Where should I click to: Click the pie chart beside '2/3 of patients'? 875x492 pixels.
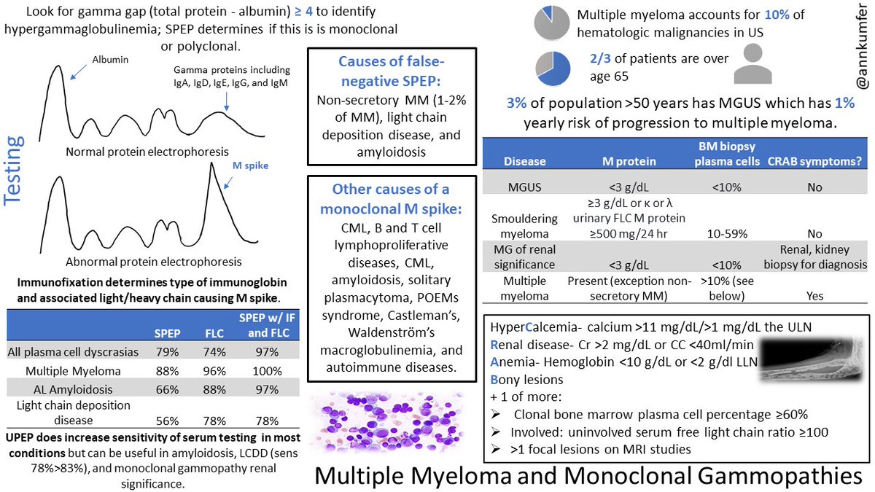pyautogui.click(x=553, y=66)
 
